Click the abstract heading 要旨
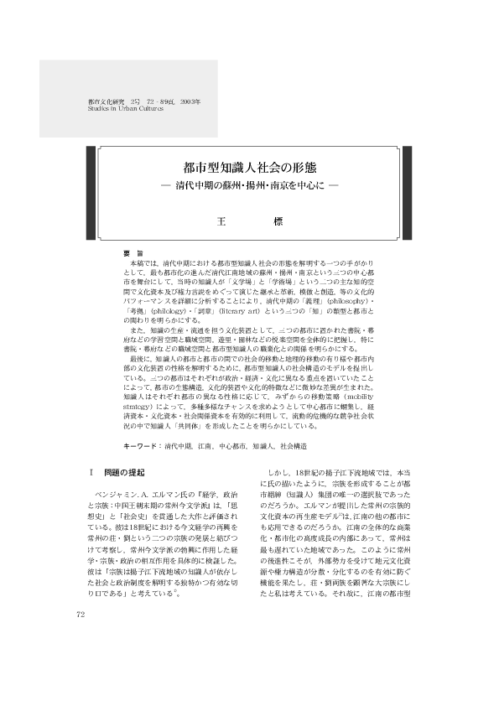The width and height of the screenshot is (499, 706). pos(132,252)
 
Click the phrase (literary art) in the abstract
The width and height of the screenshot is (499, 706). pos(261,309)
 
